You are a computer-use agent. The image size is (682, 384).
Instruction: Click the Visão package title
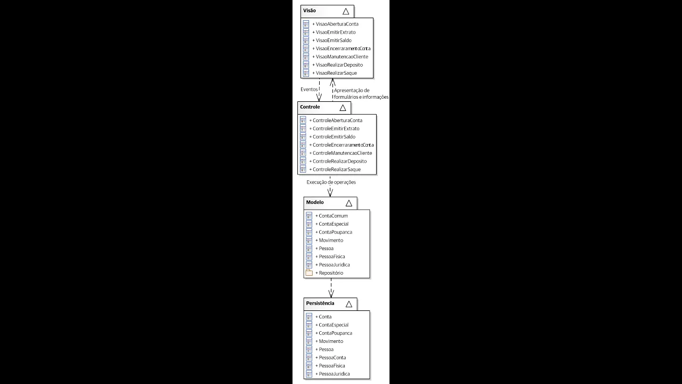coord(310,11)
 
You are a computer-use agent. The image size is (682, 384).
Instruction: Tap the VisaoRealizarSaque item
coord(336,73)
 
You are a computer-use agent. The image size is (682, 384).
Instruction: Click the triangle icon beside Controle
coord(343,108)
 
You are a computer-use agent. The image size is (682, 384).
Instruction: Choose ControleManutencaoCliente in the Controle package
coord(342,153)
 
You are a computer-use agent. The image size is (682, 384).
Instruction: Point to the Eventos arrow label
coord(308,89)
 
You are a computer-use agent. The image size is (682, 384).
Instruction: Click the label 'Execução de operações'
coord(331,182)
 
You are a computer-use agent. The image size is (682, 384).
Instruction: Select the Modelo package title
coord(315,203)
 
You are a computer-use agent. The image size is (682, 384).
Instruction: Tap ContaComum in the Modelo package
coord(333,216)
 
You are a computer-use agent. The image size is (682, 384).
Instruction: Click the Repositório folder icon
coord(309,273)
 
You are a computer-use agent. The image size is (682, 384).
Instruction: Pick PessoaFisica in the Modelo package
coord(331,257)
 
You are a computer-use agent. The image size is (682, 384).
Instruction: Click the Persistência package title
coord(320,303)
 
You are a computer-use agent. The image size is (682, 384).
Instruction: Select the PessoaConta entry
coord(332,357)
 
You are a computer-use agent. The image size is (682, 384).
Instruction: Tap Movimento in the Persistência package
coord(331,341)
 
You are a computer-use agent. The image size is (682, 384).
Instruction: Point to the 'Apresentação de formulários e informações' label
coord(361,94)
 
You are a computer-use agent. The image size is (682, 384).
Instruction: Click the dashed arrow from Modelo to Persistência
coord(331,288)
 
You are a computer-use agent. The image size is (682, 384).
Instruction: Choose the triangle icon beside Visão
coord(346,11)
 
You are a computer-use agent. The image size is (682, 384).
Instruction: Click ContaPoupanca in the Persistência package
coord(335,333)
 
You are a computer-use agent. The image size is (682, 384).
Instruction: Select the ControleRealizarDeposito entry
coord(339,161)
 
